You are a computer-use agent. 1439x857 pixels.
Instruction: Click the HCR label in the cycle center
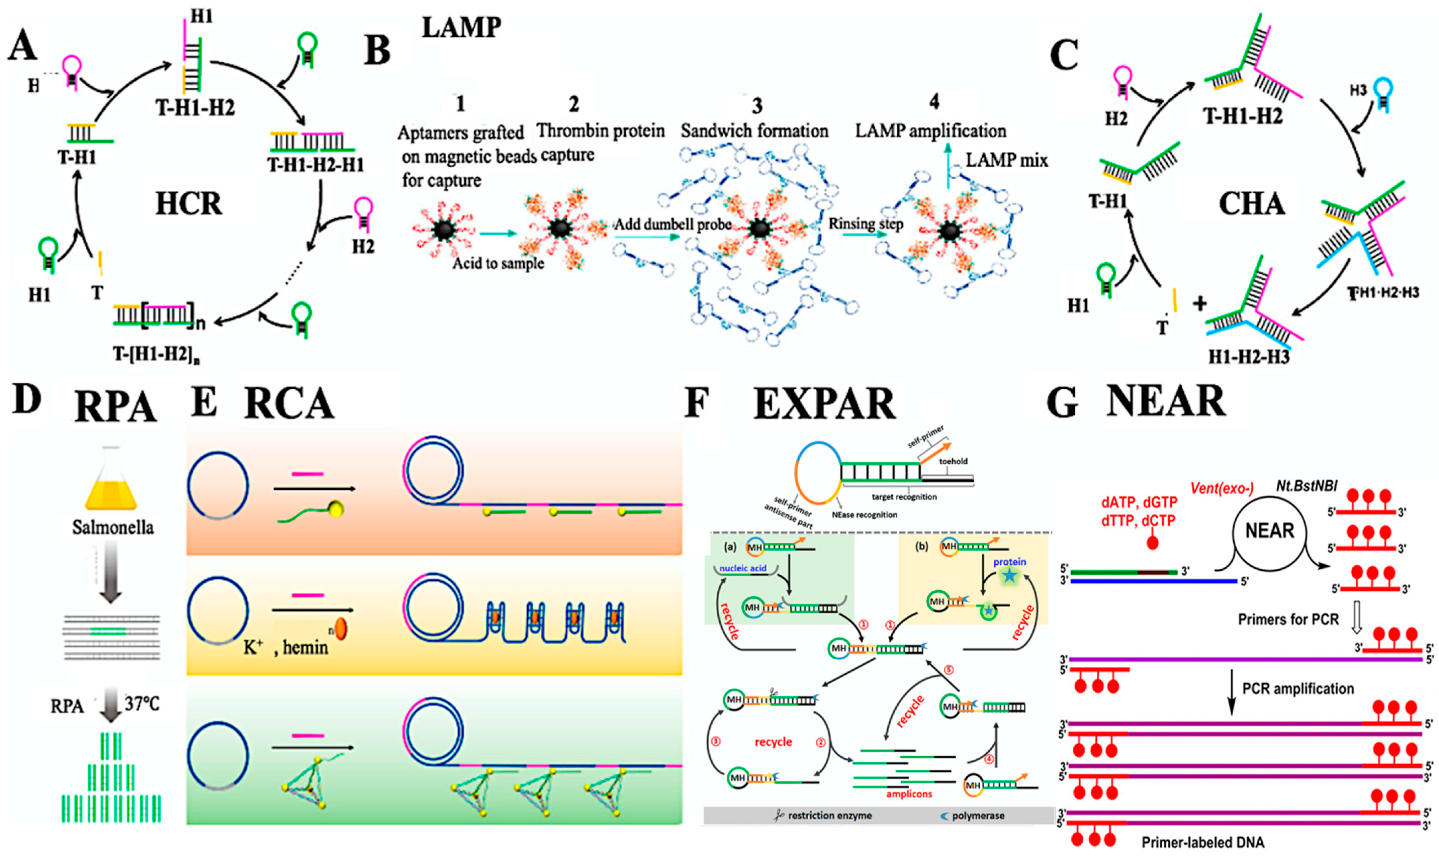(188, 204)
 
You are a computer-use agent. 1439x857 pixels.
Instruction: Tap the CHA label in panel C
(1251, 204)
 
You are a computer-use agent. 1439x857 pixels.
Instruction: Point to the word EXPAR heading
(825, 404)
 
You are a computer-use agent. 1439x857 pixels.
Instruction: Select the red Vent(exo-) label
(1221, 489)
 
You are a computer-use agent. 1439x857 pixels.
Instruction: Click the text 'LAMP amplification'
(930, 131)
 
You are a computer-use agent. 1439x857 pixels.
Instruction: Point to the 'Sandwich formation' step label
(754, 131)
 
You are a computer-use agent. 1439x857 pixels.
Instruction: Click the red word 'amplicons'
(909, 794)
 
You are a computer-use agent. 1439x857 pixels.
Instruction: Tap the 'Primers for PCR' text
(1288, 620)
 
